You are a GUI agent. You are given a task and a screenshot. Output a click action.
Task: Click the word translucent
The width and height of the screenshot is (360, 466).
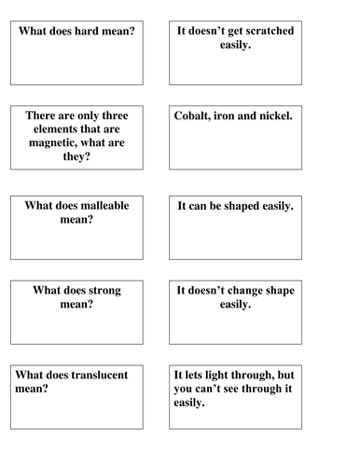pos(102,374)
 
